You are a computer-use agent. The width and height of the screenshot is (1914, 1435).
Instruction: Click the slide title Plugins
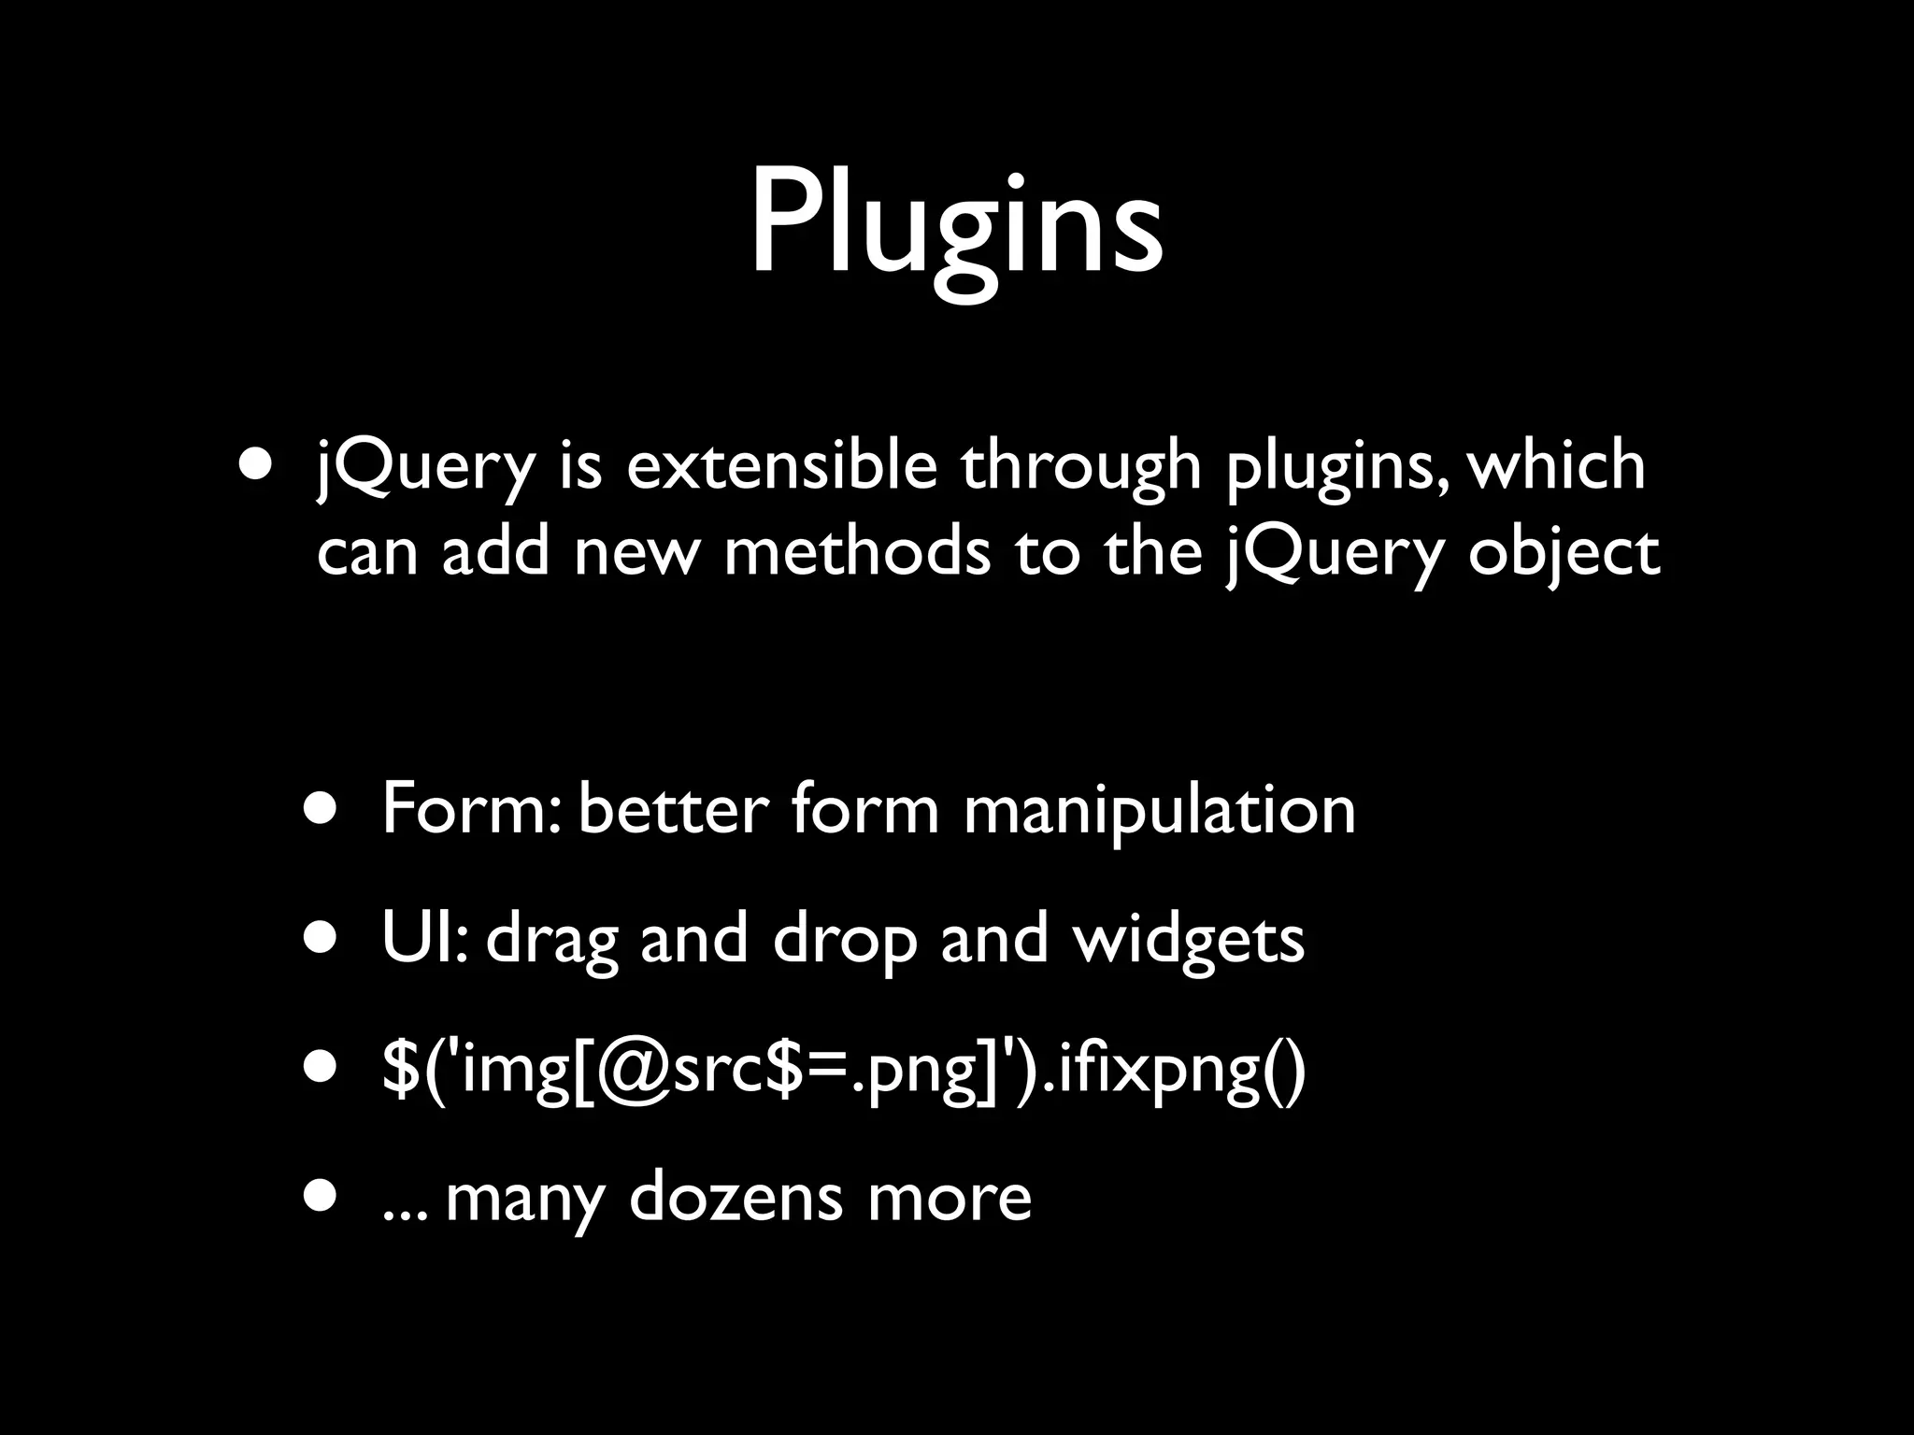[x=956, y=224]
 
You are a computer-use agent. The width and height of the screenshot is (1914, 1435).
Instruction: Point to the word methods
[x=856, y=551]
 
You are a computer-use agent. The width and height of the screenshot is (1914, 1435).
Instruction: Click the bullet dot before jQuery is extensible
[x=257, y=463]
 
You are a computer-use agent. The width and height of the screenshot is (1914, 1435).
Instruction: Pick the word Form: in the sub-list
[x=470, y=809]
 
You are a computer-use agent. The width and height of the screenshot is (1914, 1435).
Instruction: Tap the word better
[x=673, y=809]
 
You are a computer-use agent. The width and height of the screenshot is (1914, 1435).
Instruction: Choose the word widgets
[x=1188, y=940]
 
